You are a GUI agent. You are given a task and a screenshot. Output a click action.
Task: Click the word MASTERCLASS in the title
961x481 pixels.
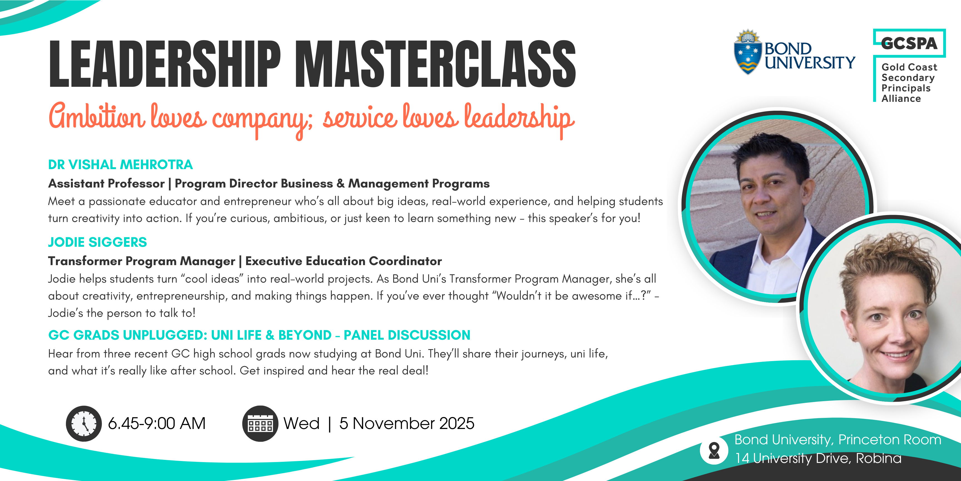436,64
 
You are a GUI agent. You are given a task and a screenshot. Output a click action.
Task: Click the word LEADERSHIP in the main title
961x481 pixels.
165,64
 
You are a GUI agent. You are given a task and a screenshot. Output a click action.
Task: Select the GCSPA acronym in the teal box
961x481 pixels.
909,43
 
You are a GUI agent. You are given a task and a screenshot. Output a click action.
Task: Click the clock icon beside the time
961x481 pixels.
84,423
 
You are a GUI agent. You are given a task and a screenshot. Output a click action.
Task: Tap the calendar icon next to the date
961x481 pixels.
260,423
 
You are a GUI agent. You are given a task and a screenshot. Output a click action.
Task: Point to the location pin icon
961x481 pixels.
714,450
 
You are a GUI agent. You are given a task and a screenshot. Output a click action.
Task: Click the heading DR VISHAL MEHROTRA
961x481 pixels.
120,165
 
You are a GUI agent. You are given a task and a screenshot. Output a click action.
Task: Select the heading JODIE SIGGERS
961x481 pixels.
97,242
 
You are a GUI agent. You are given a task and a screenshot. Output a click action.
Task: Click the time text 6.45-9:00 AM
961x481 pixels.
157,423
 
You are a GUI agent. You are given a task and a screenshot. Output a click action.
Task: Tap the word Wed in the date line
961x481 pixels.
301,423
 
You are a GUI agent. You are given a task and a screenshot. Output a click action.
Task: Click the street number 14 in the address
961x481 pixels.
742,458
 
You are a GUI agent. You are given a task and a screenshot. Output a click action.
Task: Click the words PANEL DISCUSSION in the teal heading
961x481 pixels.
407,335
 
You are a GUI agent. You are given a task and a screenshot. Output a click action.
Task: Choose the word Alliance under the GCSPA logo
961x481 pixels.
901,98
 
